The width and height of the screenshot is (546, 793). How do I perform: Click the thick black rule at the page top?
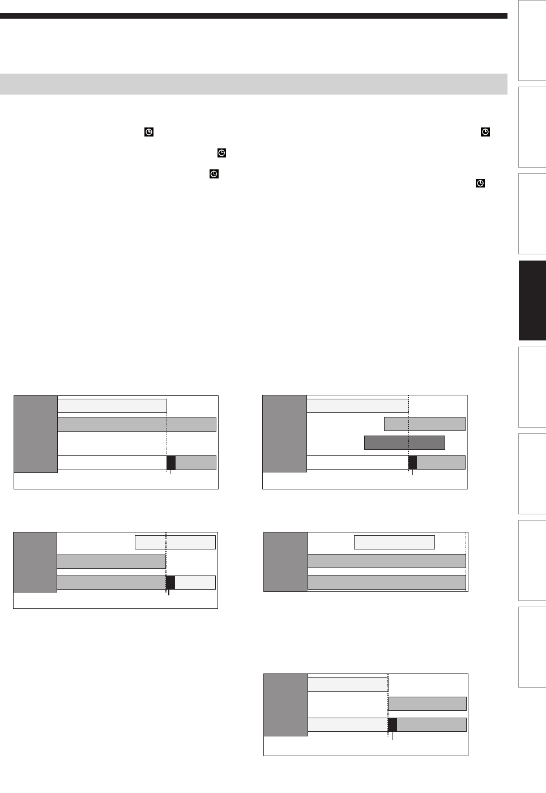point(253,16)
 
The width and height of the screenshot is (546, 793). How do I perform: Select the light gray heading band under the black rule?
point(253,84)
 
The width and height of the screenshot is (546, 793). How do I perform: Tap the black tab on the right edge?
point(532,300)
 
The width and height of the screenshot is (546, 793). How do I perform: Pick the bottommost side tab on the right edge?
point(532,647)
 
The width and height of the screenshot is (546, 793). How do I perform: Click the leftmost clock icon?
point(149,132)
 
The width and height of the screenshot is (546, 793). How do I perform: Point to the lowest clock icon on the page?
point(480,183)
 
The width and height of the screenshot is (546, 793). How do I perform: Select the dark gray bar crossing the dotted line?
point(404,442)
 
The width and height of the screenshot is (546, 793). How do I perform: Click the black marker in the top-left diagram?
point(171,463)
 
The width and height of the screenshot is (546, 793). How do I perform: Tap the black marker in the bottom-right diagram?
point(393,724)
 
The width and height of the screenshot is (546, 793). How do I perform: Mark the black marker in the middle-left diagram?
point(170,582)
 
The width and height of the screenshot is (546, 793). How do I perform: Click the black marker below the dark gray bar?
point(412,462)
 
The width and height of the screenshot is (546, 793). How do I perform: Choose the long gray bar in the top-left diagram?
point(136,424)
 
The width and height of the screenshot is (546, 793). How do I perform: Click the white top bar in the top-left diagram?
point(112,406)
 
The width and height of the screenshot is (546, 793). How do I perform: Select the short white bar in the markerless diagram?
point(394,542)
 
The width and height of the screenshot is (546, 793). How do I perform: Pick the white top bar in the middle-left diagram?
point(175,542)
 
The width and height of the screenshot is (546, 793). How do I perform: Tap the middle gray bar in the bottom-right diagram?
point(427,704)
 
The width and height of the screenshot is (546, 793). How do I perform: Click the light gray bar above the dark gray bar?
point(425,424)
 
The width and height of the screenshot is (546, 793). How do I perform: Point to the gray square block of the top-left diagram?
point(36,434)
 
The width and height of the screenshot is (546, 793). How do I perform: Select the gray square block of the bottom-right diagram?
point(286,705)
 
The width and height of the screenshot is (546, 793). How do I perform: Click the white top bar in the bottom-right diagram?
point(347,684)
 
